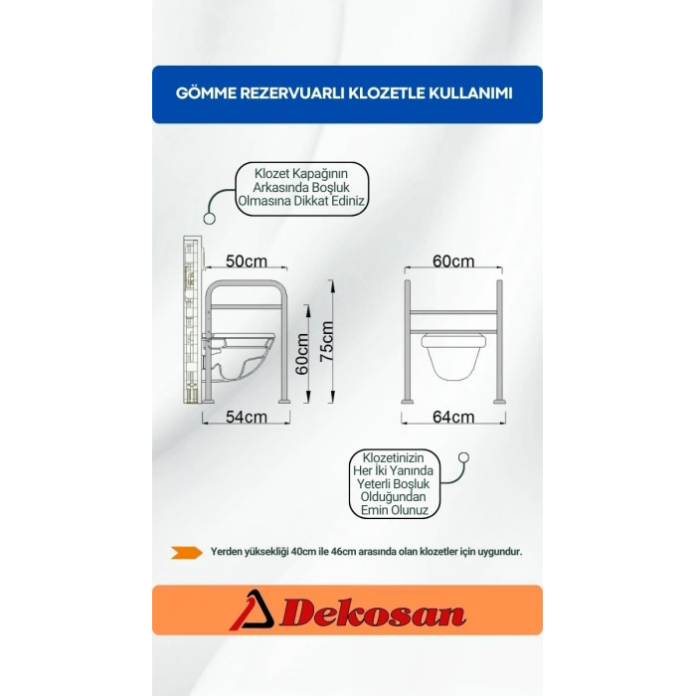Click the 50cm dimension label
(x=247, y=261)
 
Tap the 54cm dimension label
(x=247, y=417)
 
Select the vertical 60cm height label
(x=302, y=354)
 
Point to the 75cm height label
(x=327, y=341)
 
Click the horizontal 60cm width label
(x=453, y=261)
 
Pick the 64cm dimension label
(x=453, y=417)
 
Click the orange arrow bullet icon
(x=187, y=552)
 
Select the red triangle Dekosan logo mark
(x=252, y=609)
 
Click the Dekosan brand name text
(x=373, y=613)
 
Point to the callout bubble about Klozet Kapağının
(x=302, y=189)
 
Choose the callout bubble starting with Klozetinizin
(x=395, y=483)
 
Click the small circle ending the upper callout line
(x=209, y=219)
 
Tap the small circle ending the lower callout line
(x=463, y=457)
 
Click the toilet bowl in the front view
(x=453, y=357)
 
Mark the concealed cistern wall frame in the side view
(x=193, y=319)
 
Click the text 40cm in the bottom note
(x=304, y=552)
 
